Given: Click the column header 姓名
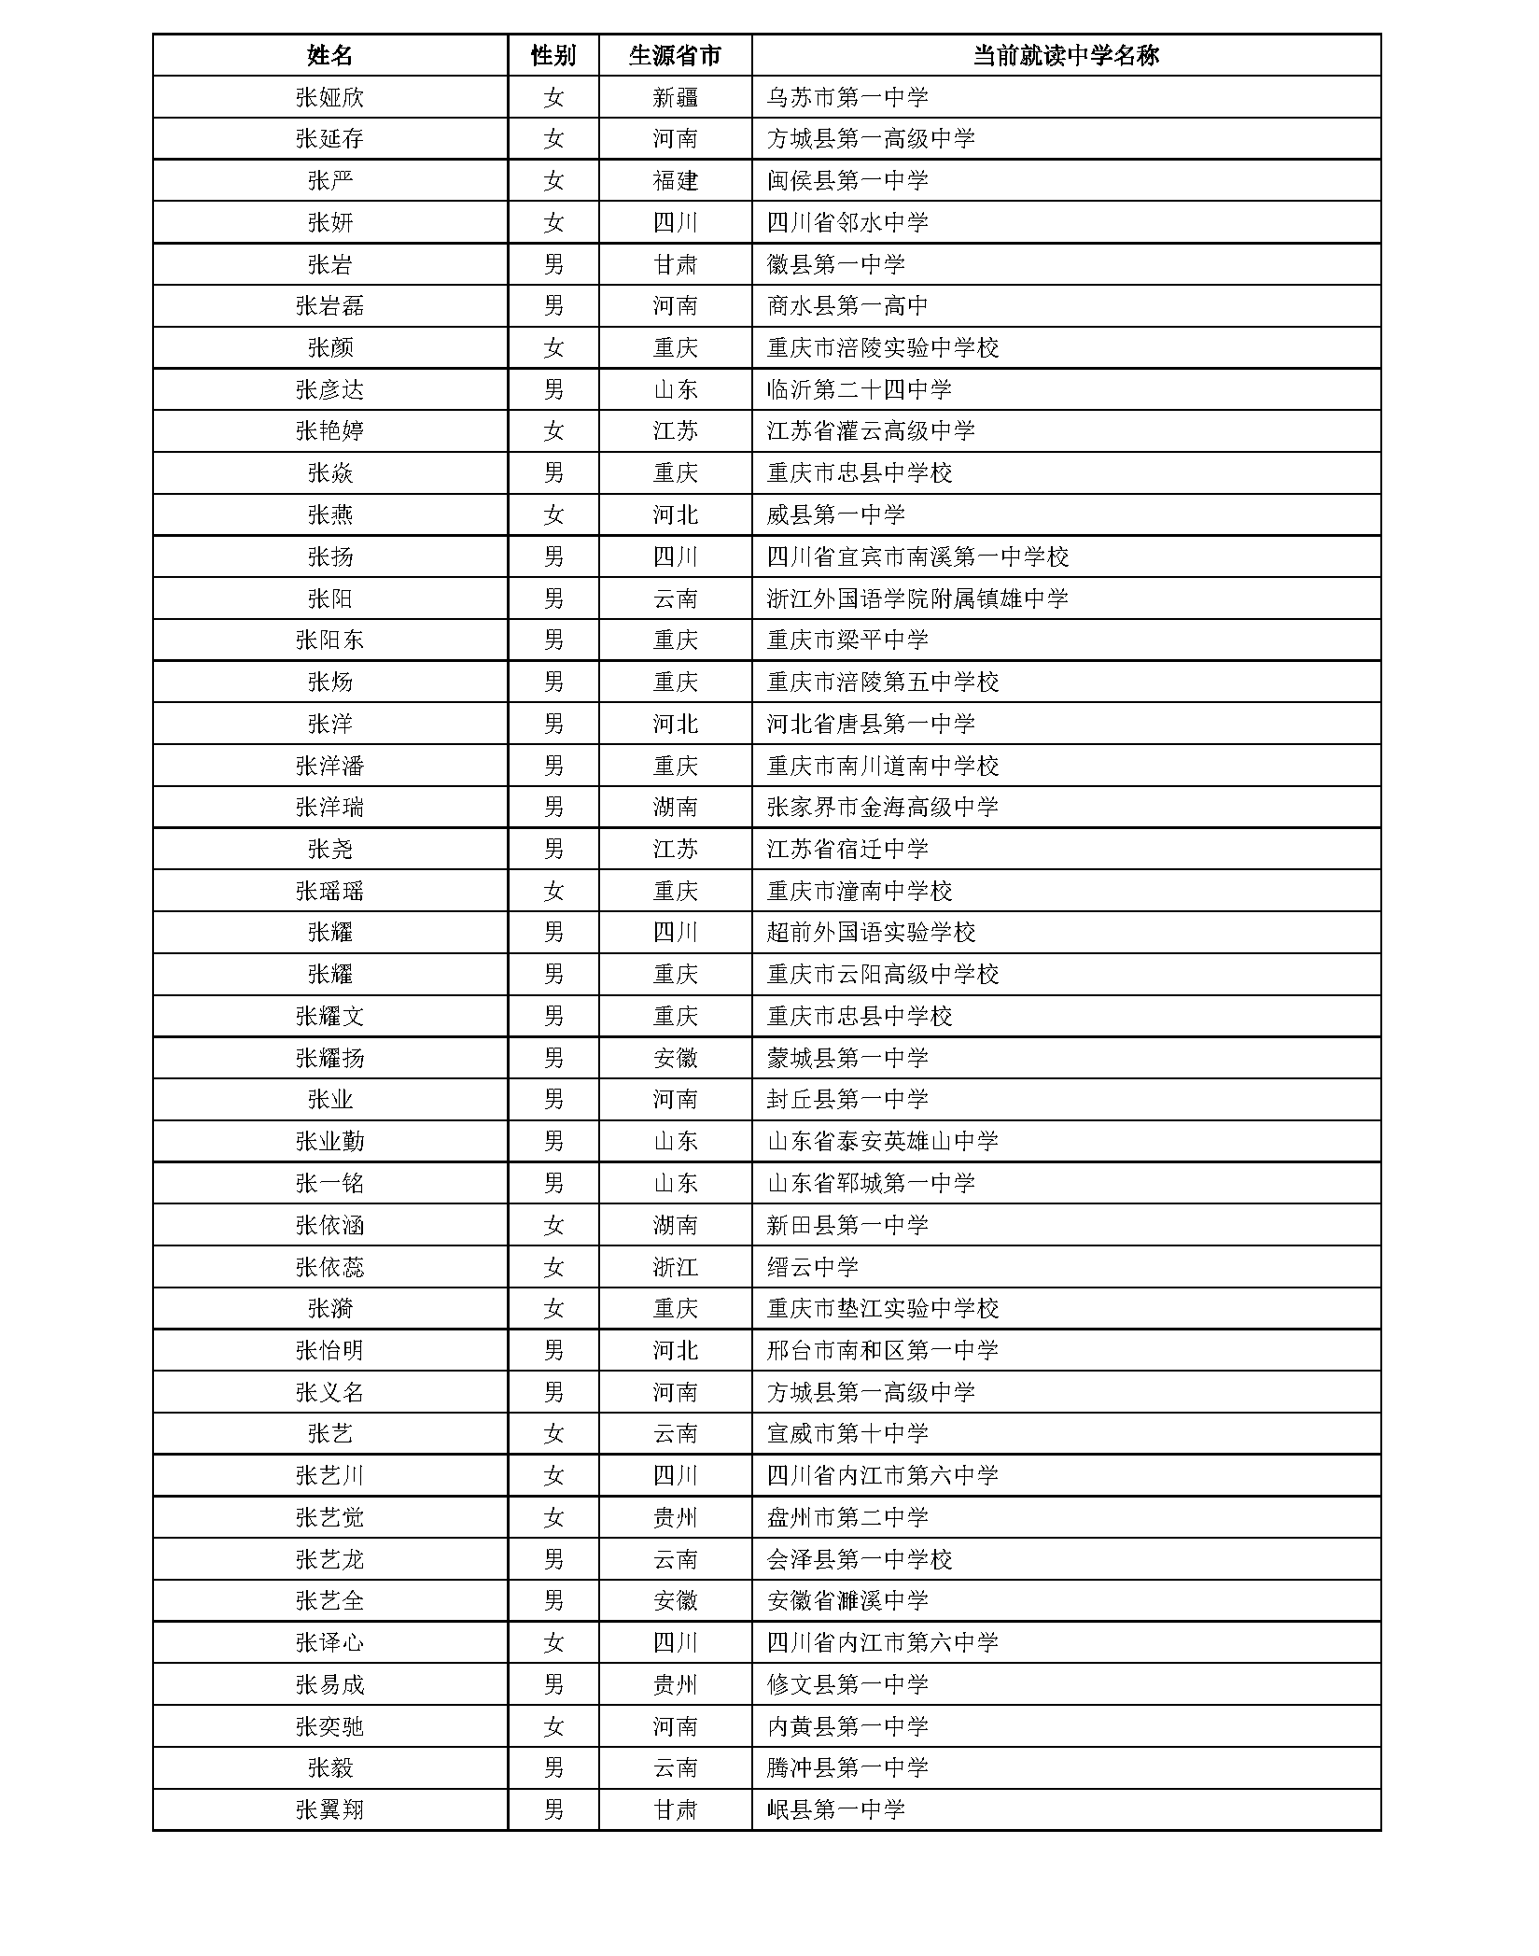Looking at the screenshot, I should coord(329,56).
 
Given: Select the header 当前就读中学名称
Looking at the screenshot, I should coord(1065,56).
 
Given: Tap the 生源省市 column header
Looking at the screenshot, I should coord(675,56).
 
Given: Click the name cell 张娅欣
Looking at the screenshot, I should coord(329,97).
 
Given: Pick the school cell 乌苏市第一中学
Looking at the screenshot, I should coord(847,97).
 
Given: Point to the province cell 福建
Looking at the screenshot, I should coord(675,180).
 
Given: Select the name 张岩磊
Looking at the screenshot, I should coord(329,306).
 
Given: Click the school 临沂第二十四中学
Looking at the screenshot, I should coord(859,389).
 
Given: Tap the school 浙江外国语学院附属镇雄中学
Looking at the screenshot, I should coord(917,598).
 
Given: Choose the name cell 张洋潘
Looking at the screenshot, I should coord(329,766).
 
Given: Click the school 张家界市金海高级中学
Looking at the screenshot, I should coord(882,807).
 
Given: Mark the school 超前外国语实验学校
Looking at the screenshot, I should coord(871,932).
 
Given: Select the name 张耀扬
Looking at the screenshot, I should coord(329,1058).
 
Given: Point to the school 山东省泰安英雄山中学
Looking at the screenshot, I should coord(882,1141).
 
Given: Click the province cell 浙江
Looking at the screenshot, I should coord(675,1267).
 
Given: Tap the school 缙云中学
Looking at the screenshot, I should coord(812,1267).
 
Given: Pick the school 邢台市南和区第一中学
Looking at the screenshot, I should coord(882,1350).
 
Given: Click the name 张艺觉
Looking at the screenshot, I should coord(329,1517).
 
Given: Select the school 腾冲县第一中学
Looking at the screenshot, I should coord(847,1767).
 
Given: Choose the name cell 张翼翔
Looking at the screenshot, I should coord(329,1809).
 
